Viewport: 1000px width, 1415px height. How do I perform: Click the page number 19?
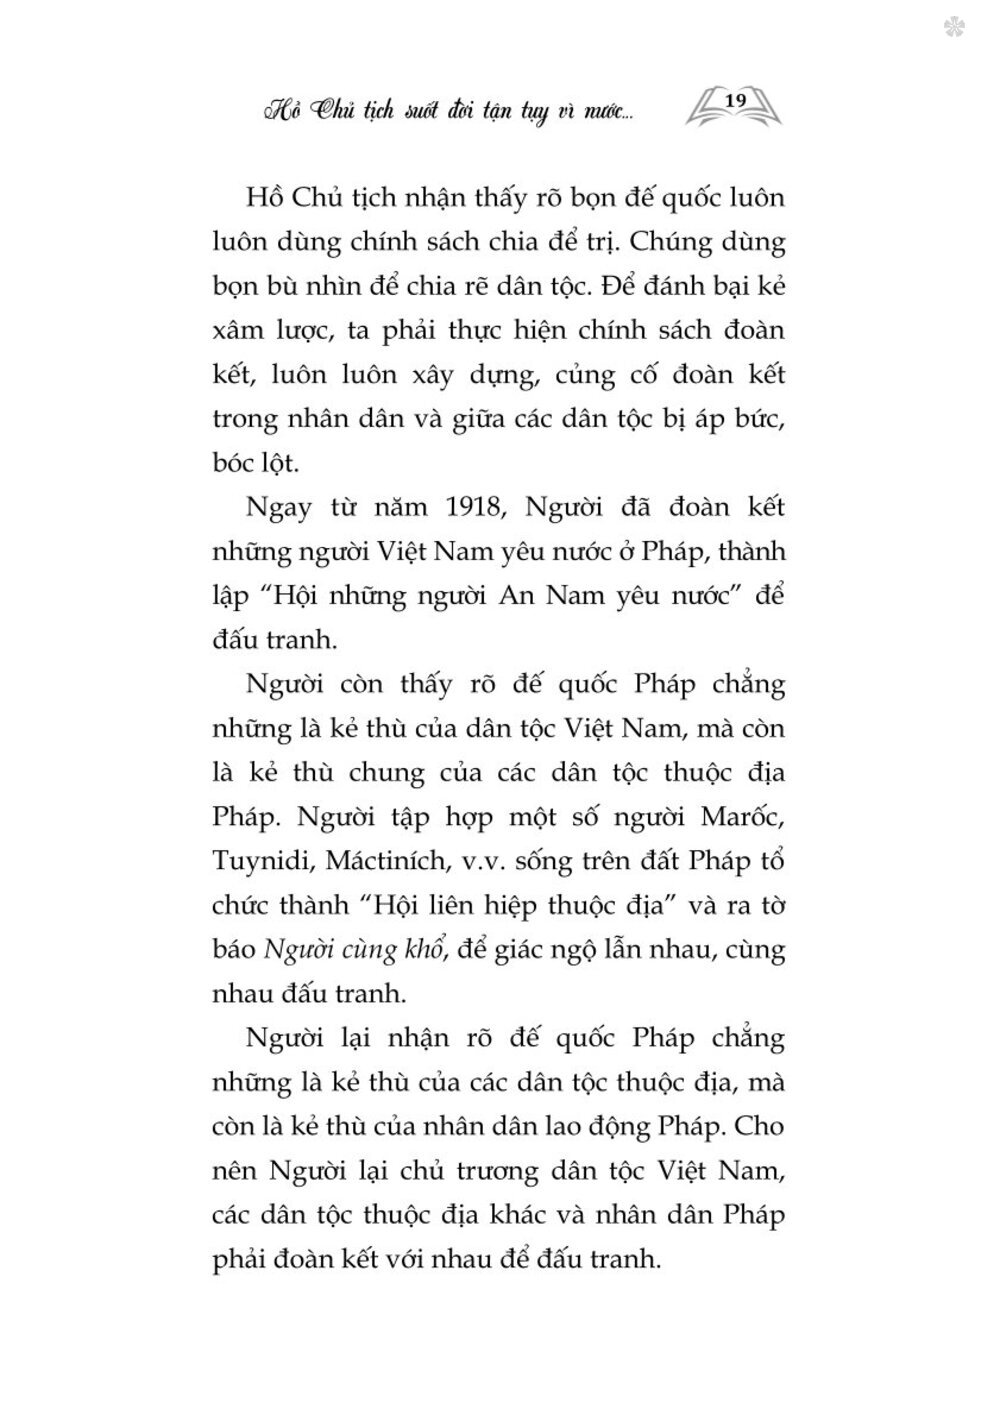coord(735,100)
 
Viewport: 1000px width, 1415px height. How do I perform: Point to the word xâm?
coord(239,331)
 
